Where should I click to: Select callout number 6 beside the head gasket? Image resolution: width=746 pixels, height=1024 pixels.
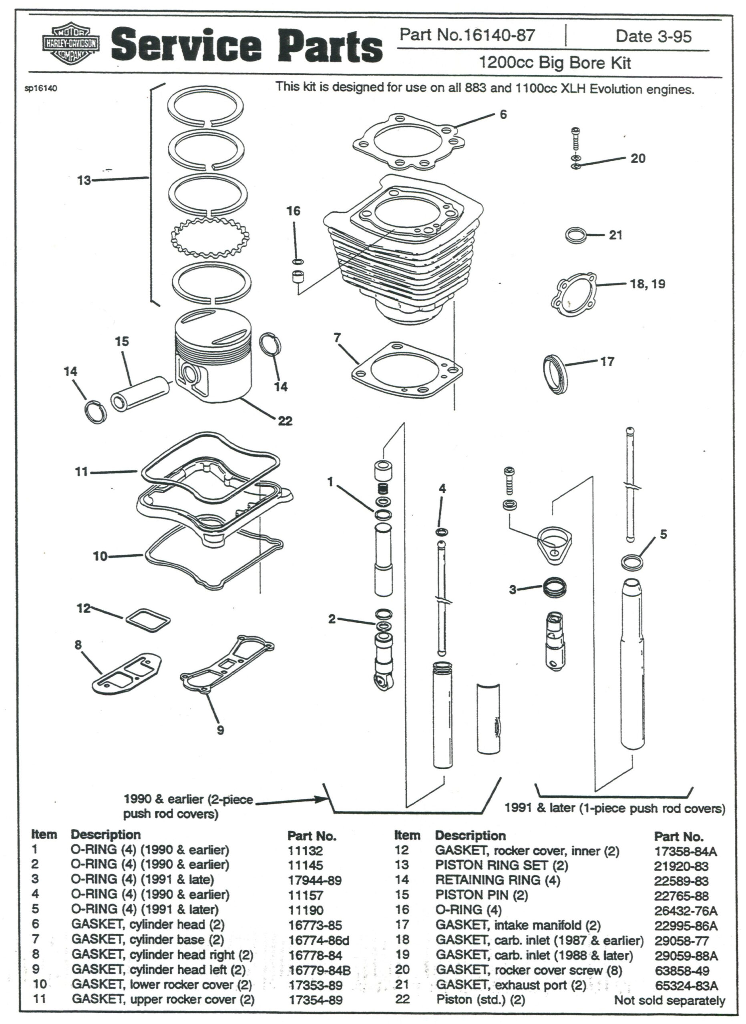503,114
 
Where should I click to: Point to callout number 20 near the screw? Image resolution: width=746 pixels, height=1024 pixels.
637,158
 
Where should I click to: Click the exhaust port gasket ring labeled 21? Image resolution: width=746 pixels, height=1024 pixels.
576,235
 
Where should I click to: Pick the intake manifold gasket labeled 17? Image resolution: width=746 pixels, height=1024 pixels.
554,375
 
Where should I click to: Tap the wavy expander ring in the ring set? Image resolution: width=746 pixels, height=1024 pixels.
210,235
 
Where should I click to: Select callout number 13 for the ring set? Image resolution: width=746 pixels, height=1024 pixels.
84,180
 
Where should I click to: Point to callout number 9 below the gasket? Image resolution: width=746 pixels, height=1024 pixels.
220,730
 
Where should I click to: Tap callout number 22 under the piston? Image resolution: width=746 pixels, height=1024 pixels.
285,421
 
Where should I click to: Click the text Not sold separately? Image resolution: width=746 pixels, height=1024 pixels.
669,1000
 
